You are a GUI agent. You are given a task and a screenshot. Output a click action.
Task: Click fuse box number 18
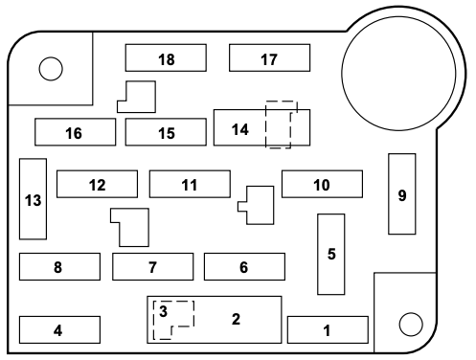[x=166, y=58]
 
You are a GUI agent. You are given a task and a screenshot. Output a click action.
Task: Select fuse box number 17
[x=269, y=58]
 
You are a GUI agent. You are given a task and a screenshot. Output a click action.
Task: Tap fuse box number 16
[x=74, y=132]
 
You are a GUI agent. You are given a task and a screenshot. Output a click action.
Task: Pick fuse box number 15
[x=166, y=132]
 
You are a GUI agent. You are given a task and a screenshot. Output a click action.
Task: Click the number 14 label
[x=239, y=129]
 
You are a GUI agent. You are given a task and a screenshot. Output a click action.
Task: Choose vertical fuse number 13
[x=33, y=199]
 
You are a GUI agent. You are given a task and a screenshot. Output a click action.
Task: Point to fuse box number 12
[x=97, y=184]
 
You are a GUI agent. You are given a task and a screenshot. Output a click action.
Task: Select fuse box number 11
[x=190, y=184]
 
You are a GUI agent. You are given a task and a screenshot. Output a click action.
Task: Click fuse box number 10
[x=322, y=184]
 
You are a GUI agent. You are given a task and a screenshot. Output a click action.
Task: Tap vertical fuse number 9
[x=401, y=193]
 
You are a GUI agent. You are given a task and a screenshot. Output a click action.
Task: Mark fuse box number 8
[x=58, y=266]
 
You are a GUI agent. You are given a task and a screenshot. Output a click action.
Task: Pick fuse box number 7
[x=152, y=266]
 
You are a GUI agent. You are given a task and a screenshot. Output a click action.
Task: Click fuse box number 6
[x=244, y=266]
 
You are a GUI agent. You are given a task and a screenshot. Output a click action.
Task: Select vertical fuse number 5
[x=331, y=254]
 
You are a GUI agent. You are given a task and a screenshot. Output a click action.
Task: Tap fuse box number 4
[x=58, y=329]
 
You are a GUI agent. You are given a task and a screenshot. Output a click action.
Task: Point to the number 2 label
[x=236, y=319]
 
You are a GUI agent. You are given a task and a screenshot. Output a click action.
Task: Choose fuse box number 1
[x=328, y=329]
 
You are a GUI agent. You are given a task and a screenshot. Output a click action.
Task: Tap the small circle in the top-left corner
[x=51, y=68]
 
